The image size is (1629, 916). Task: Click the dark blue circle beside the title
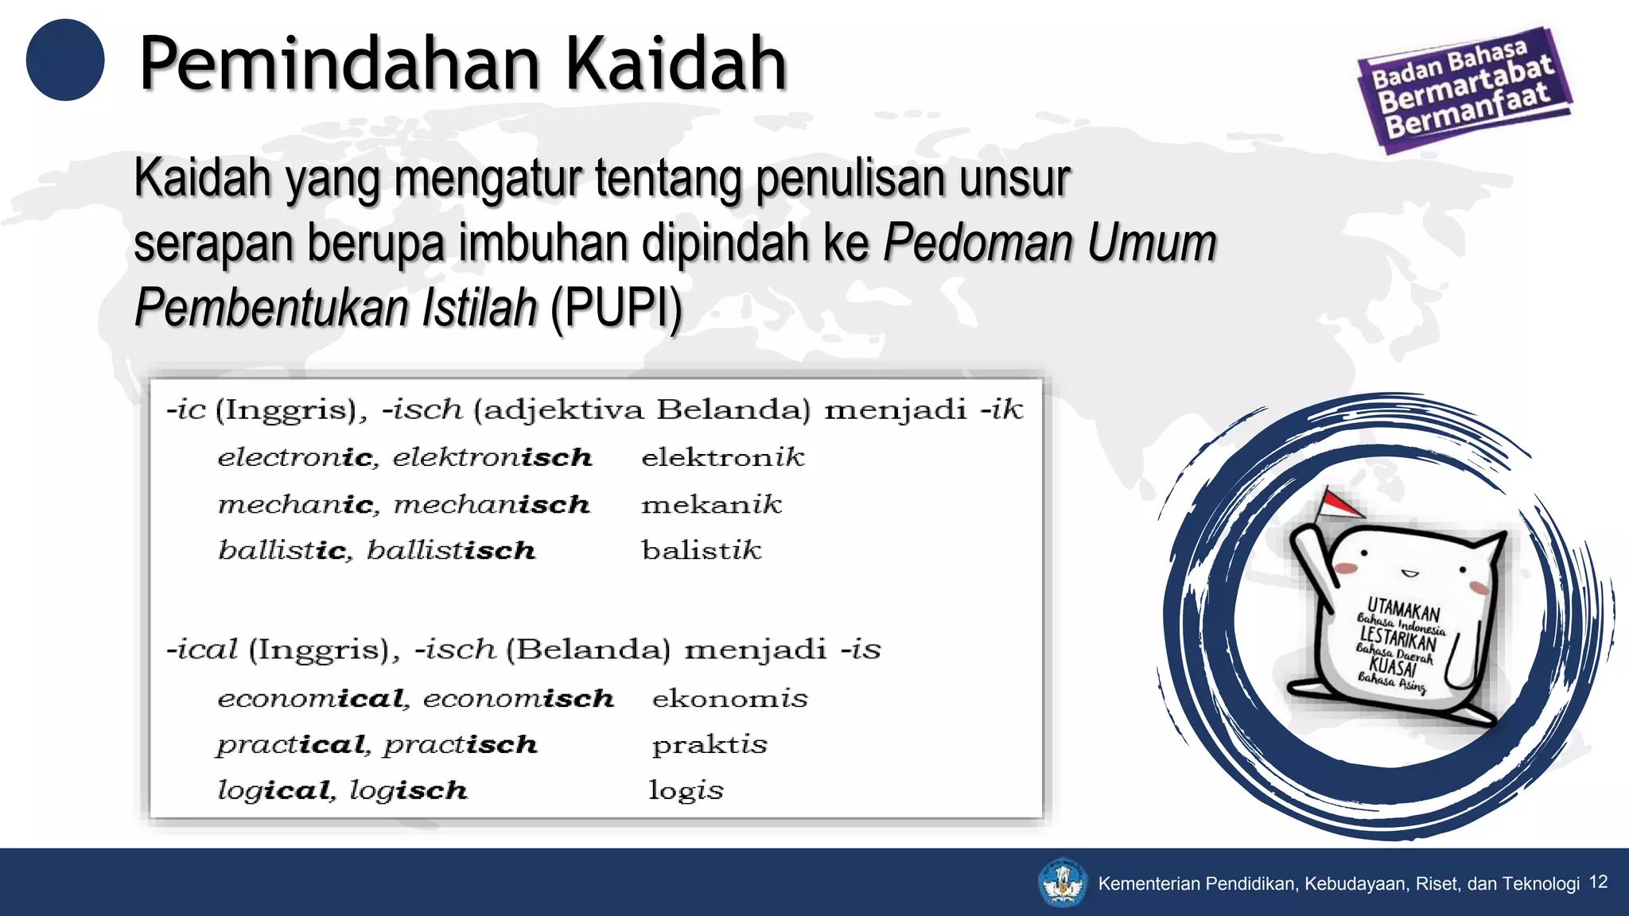click(65, 60)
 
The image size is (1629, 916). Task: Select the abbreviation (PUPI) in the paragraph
click(616, 308)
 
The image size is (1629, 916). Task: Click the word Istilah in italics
click(480, 308)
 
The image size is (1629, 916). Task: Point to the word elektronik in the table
click(722, 457)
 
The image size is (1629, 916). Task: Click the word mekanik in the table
click(711, 504)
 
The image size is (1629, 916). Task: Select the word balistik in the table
click(702, 550)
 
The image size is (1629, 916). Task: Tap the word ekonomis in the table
click(729, 698)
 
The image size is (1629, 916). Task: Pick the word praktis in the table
click(710, 745)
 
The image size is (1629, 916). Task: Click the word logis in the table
click(686, 790)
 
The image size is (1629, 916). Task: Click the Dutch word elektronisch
click(492, 457)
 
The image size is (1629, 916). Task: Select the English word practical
click(291, 745)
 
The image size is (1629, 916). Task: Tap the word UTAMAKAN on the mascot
click(1403, 610)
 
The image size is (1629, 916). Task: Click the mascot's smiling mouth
click(1409, 572)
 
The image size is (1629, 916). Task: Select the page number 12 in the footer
click(1598, 882)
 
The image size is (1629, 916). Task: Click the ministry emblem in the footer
click(1063, 883)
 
